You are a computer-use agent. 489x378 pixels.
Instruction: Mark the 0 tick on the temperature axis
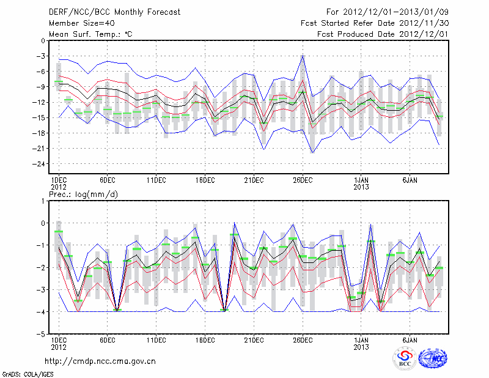(x=42, y=41)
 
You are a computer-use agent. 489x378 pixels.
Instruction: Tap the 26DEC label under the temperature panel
(x=303, y=180)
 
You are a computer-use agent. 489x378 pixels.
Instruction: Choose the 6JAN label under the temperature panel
(x=410, y=180)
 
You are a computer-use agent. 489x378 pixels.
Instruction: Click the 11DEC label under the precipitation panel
(x=156, y=339)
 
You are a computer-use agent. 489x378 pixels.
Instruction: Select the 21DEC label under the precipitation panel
(x=254, y=339)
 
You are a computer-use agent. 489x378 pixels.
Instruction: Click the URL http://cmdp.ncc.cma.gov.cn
(x=101, y=361)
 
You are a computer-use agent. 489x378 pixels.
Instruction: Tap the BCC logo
(x=405, y=359)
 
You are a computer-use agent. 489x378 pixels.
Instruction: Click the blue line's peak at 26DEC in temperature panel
(x=303, y=56)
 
